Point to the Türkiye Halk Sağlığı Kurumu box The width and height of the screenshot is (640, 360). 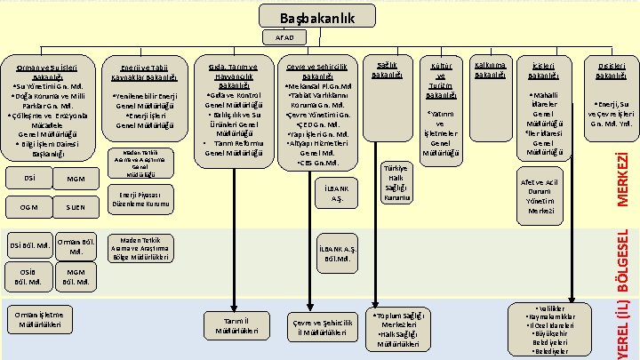pyautogui.click(x=393, y=184)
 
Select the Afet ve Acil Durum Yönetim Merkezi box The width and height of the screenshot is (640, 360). pyautogui.click(x=548, y=193)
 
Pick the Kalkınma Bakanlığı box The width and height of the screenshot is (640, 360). pyautogui.click(x=491, y=70)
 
